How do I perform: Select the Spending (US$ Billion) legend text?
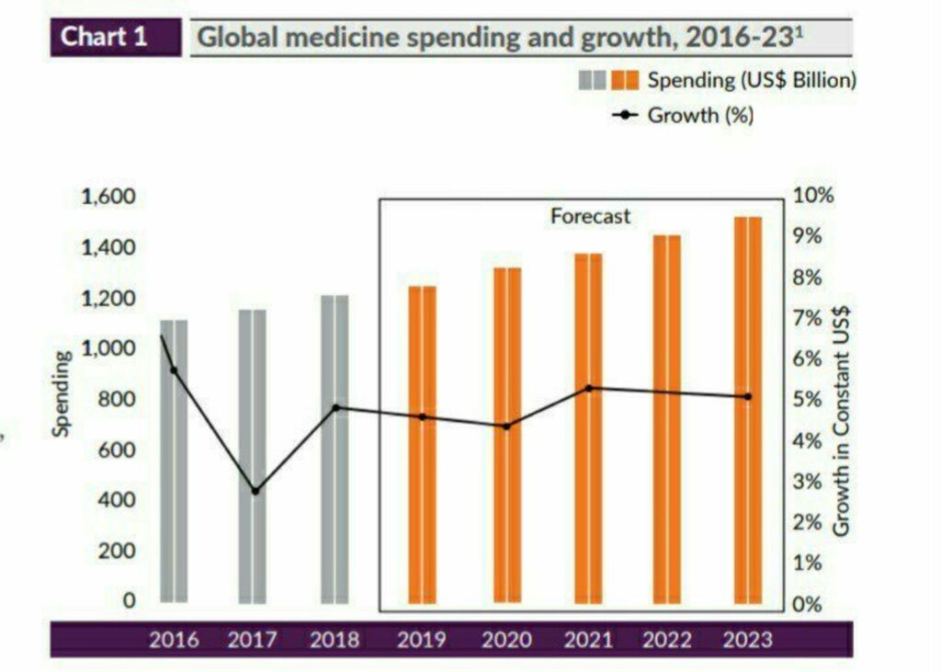pyautogui.click(x=752, y=80)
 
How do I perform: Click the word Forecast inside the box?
pyautogui.click(x=590, y=216)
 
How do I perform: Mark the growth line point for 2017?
pyautogui.click(x=255, y=491)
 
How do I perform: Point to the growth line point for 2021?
pyautogui.click(x=589, y=388)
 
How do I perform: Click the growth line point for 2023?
pyautogui.click(x=747, y=396)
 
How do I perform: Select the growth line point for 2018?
pyautogui.click(x=335, y=407)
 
